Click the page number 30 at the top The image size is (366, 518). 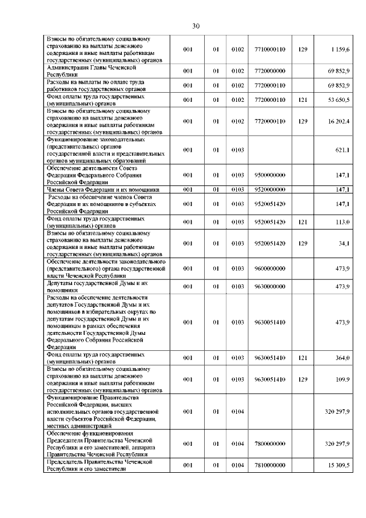click(196, 26)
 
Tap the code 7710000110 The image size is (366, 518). click(269, 50)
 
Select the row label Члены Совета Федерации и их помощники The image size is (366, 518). click(103, 189)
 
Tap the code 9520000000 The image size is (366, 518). click(269, 189)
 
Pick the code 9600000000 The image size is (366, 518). click(269, 268)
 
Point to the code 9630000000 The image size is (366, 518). click(269, 286)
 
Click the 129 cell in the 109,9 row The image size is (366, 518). click(303, 379)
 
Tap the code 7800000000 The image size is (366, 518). click(269, 444)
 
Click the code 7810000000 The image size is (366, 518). click(269, 465)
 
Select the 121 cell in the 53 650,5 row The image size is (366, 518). click(303, 100)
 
